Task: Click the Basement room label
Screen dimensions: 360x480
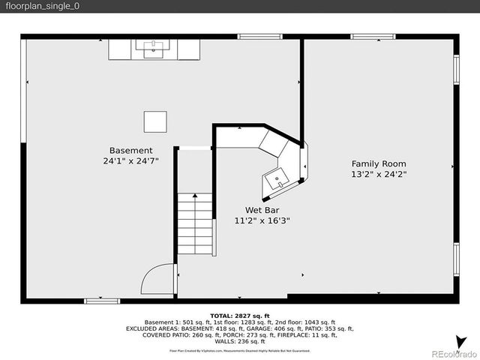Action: (130, 150)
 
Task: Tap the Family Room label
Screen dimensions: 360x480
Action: (379, 163)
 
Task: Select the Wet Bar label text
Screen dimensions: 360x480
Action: (262, 210)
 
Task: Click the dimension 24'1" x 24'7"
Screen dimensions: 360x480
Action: (130, 161)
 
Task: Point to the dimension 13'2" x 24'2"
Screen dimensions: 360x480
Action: (379, 174)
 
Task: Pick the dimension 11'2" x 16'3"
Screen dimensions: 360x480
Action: (262, 220)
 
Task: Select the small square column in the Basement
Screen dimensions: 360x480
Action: (156, 121)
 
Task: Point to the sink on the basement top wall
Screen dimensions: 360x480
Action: (154, 49)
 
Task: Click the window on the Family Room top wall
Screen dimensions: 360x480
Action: (373, 36)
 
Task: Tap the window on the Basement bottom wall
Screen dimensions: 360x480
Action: (102, 301)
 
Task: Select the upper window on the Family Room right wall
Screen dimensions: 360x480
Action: (456, 69)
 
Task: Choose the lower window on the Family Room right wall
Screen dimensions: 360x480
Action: (456, 259)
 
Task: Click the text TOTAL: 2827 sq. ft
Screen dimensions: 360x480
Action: (239, 316)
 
